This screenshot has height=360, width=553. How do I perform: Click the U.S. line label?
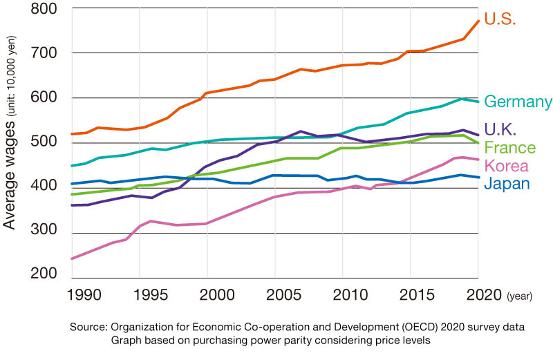point(500,19)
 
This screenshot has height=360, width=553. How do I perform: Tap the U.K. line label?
point(501,129)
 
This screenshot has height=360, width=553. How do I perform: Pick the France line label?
point(509,148)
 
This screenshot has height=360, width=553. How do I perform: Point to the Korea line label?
point(507,166)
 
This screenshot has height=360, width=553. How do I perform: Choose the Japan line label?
point(507,184)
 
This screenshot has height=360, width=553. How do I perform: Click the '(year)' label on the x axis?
point(521,296)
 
